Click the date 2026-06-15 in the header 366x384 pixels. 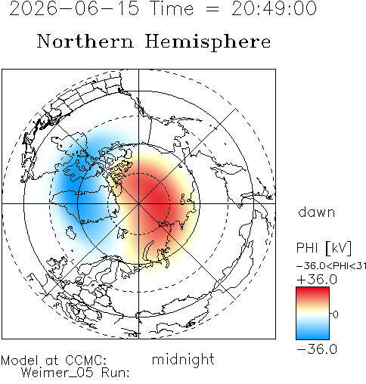tap(74, 8)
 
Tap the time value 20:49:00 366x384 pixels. tap(274, 8)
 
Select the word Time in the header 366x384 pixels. tap(172, 8)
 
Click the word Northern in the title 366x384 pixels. tap(85, 41)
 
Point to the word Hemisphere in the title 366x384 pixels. tap(208, 42)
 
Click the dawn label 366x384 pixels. tap(317, 212)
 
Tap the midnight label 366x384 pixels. tap(183, 359)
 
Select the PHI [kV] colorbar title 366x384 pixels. tap(324, 248)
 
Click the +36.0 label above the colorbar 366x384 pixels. tap(317, 280)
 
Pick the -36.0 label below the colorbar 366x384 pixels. tap(317, 349)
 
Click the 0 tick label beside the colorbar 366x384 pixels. tap(335, 314)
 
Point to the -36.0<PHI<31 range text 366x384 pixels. tap(331, 266)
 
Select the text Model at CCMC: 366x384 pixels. tap(54, 361)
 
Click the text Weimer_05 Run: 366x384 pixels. tap(75, 373)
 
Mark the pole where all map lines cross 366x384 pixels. tap(138, 203)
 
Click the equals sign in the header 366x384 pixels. tap(212, 9)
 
